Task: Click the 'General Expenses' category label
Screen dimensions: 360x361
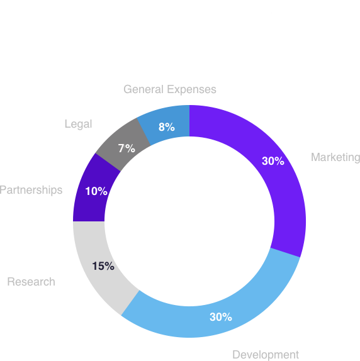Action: pyautogui.click(x=170, y=89)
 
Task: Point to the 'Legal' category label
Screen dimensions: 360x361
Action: pyautogui.click(x=78, y=124)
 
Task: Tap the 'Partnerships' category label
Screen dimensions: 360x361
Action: pyautogui.click(x=31, y=190)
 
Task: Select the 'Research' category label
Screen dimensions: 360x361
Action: pyautogui.click(x=31, y=282)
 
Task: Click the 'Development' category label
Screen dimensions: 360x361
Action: pyautogui.click(x=266, y=355)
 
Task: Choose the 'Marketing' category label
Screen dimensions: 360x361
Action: pyautogui.click(x=335, y=157)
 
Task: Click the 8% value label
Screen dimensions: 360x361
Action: pyautogui.click(x=167, y=127)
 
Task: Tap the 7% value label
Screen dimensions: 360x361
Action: pyautogui.click(x=127, y=148)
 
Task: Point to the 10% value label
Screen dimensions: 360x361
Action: pyautogui.click(x=96, y=191)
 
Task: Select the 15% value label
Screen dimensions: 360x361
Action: pyautogui.click(x=103, y=266)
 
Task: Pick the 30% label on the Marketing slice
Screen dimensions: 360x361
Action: pyautogui.click(x=273, y=161)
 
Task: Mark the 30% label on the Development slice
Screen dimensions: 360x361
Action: pyautogui.click(x=221, y=317)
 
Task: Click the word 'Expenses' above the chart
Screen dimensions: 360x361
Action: pyautogui.click(x=191, y=89)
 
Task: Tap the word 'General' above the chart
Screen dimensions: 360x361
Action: pyautogui.click(x=143, y=89)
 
